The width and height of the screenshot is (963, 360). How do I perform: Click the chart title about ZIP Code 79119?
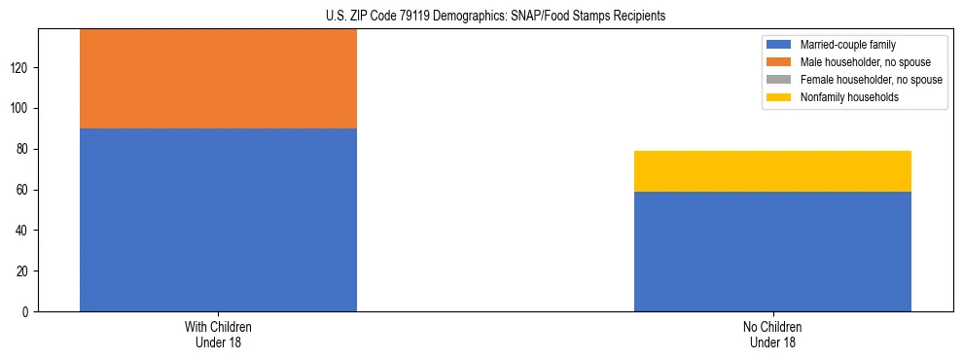(481, 16)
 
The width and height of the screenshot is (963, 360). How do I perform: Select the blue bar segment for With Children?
(218, 220)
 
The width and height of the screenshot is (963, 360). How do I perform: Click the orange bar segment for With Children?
(218, 79)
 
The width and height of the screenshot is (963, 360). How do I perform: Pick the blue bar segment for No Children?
(772, 251)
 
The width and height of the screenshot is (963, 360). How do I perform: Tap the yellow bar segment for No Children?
(772, 171)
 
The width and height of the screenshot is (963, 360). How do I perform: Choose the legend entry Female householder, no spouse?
(871, 80)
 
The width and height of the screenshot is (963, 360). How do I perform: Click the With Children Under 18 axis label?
(218, 334)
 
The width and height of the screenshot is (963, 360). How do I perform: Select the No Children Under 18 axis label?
(772, 334)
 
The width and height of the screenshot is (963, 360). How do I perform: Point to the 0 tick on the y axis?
(28, 312)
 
